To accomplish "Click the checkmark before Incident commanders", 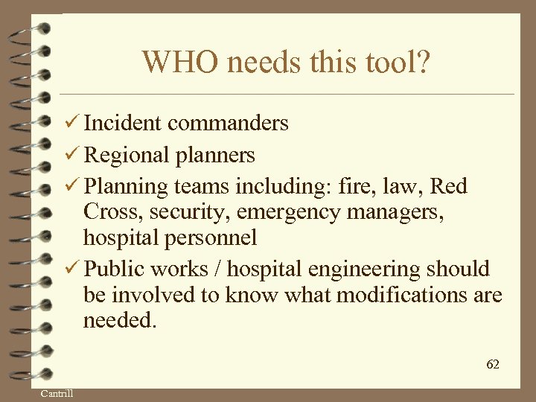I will click(x=72, y=122).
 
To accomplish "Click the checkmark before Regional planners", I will click(x=72, y=155).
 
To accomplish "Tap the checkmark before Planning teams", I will click(x=72, y=186).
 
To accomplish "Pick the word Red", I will click(x=449, y=186).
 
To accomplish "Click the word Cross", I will click(x=113, y=212).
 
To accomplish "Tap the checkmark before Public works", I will click(x=72, y=269).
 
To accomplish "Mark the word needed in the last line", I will click(x=121, y=321).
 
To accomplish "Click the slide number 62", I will click(x=493, y=364).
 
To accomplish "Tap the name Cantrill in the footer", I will click(x=57, y=393).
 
